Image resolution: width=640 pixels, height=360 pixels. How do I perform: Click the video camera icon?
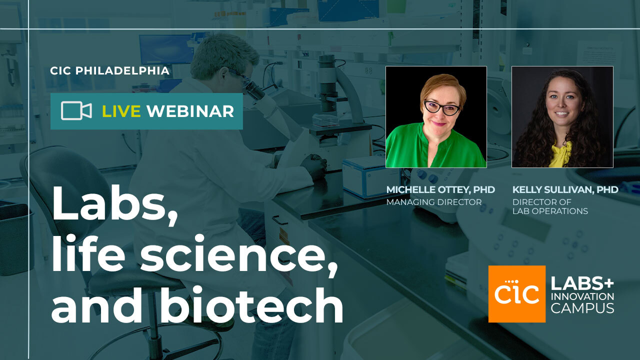(x=76, y=111)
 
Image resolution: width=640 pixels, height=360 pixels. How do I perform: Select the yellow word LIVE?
(x=121, y=111)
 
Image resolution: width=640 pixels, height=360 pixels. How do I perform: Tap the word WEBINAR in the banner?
(x=190, y=111)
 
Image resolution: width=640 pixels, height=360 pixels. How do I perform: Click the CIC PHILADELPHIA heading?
(x=109, y=71)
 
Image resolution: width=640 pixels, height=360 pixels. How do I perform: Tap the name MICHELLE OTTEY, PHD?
(x=440, y=190)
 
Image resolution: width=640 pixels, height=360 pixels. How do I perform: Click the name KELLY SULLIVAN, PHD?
(x=565, y=190)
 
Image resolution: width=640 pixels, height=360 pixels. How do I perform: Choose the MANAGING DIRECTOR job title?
(x=433, y=202)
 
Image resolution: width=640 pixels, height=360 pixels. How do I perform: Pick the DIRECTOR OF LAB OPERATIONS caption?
(x=550, y=206)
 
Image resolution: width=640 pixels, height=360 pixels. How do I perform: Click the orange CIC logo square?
(x=516, y=293)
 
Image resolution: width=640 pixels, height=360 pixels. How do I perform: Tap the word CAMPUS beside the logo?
(x=582, y=308)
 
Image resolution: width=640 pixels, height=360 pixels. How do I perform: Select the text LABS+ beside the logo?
(x=582, y=284)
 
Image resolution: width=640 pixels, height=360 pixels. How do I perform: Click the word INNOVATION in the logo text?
(x=582, y=296)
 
